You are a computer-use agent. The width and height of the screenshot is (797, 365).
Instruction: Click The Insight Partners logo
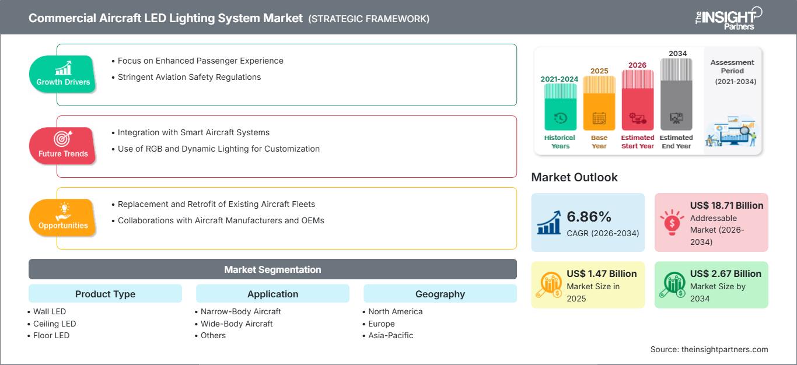coord(728,18)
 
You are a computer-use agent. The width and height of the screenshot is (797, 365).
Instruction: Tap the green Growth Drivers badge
coord(62,74)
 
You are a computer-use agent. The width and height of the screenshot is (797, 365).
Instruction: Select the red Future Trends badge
coord(62,146)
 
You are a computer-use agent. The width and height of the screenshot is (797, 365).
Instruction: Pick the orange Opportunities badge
coord(62,217)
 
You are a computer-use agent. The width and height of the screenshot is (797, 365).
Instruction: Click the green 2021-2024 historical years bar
coord(560,107)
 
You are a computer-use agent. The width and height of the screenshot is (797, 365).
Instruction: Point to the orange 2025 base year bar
coord(599,103)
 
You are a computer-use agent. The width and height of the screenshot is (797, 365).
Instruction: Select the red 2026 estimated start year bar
coord(638,100)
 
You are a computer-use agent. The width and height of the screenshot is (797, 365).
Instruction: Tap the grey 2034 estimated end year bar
coord(676,94)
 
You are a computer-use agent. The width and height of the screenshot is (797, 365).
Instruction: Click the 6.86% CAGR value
coord(589,216)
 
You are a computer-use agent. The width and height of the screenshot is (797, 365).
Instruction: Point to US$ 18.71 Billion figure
coord(726,205)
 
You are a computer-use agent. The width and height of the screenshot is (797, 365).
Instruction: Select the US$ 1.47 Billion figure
coord(602,273)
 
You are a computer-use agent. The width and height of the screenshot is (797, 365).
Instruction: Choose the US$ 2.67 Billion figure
coord(725,273)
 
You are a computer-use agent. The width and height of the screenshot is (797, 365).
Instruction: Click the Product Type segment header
coord(106,293)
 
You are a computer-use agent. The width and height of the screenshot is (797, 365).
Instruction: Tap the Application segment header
coord(272,293)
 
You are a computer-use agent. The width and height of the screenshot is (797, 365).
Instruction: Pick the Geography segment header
coord(440,293)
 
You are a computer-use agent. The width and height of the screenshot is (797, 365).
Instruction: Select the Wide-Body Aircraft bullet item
coord(234,324)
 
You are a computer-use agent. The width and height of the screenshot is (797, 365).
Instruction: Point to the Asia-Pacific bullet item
coord(388,335)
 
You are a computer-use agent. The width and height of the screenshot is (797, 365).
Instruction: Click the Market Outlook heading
coord(574,177)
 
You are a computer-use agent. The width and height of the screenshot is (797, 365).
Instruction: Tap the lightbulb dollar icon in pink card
coord(672,222)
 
